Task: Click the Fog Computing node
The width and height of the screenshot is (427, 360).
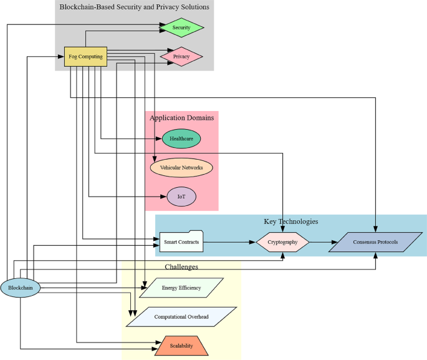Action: click(x=86, y=57)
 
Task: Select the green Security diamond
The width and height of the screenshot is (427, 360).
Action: click(x=181, y=27)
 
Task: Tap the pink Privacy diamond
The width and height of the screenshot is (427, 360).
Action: click(x=181, y=57)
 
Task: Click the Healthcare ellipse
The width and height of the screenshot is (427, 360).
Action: click(x=181, y=139)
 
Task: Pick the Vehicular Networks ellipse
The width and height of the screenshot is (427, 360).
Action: click(x=181, y=167)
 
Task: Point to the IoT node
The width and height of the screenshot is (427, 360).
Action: click(x=181, y=197)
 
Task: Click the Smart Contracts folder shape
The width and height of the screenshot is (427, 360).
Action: click(x=181, y=241)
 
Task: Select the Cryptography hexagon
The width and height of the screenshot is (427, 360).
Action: click(x=282, y=242)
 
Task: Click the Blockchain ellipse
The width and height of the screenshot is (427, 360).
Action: click(x=21, y=288)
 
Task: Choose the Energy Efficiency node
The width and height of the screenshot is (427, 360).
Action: click(x=181, y=288)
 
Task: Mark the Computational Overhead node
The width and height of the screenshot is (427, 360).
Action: click(x=181, y=317)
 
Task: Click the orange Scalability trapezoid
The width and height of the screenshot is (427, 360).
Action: click(x=181, y=346)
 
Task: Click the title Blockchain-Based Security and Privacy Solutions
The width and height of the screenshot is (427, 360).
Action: click(x=134, y=7)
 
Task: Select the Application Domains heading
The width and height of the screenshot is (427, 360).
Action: click(x=181, y=117)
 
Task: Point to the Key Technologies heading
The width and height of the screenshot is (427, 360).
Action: click(x=290, y=221)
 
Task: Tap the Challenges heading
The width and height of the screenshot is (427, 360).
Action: click(x=181, y=266)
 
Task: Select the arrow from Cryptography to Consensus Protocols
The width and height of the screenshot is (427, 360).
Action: click(x=319, y=242)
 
